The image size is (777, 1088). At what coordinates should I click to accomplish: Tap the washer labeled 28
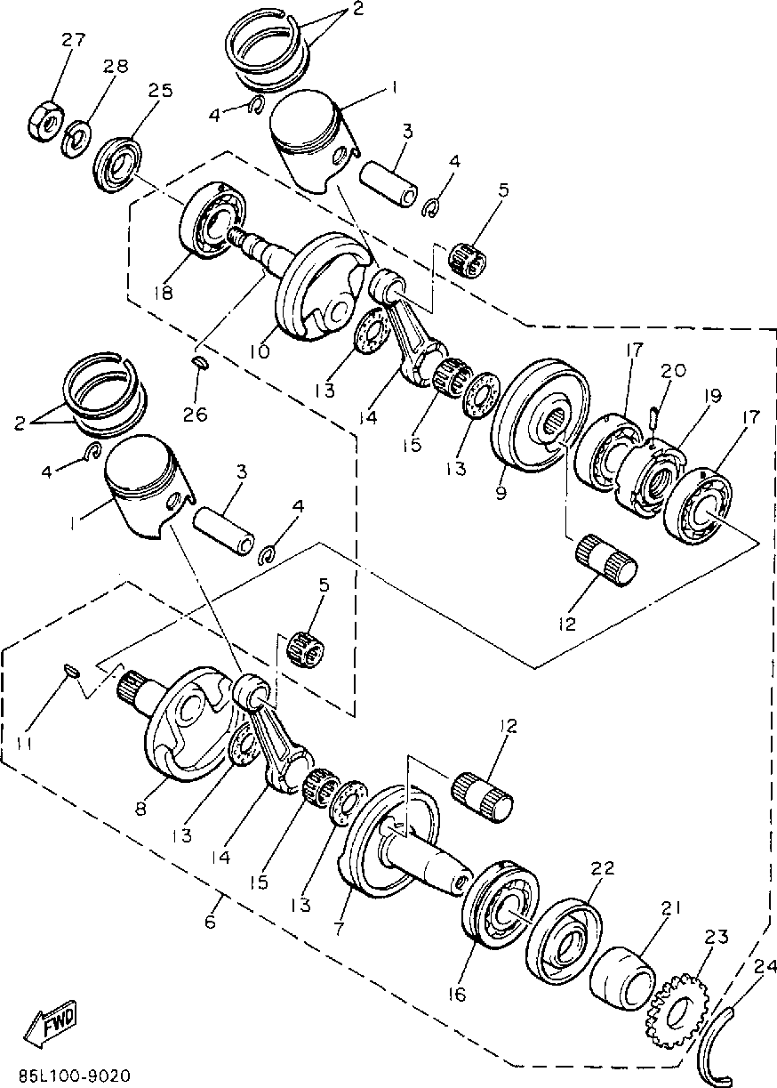point(77,137)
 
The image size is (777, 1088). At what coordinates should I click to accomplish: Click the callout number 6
point(210,923)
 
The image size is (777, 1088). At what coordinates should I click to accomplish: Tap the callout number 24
point(762,966)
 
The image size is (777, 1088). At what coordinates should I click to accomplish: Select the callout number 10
point(259,351)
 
